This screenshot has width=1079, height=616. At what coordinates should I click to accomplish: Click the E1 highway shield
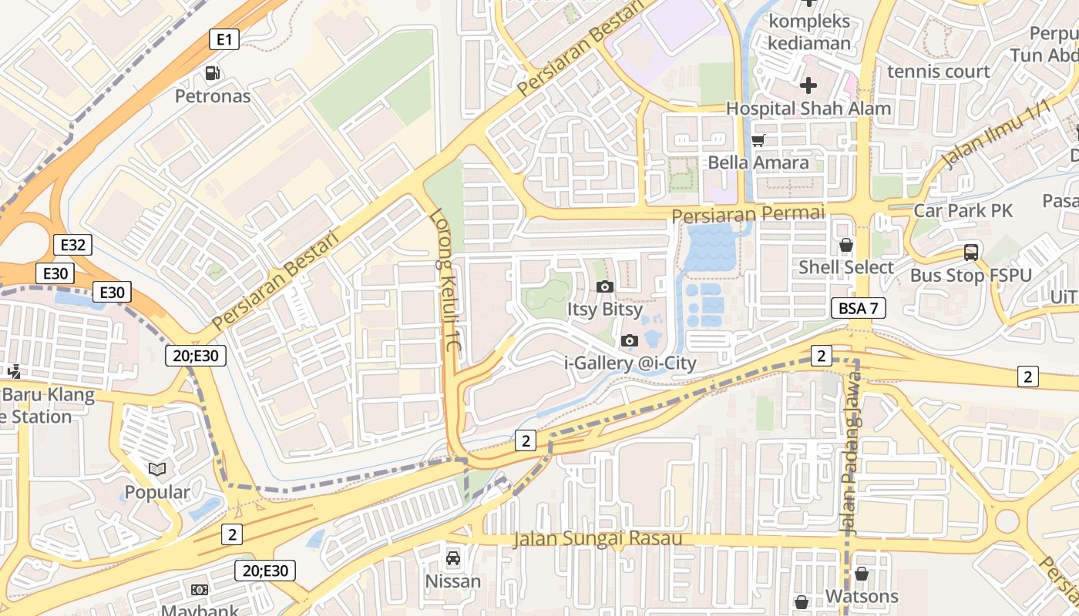click(224, 39)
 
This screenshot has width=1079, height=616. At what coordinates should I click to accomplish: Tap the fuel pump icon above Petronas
click(212, 73)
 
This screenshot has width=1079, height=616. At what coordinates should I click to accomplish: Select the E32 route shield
click(72, 245)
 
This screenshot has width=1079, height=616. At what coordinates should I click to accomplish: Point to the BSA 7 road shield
click(858, 309)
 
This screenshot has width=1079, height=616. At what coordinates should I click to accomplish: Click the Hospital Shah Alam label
click(808, 109)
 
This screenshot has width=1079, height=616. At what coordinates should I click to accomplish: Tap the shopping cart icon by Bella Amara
click(758, 140)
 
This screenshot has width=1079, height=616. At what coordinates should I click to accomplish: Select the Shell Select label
click(845, 267)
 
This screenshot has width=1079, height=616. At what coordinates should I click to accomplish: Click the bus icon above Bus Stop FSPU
click(970, 252)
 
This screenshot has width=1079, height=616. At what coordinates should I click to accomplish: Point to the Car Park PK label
click(963, 210)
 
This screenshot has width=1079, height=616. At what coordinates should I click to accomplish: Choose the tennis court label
click(938, 72)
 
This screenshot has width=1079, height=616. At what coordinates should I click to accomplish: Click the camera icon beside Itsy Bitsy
click(605, 287)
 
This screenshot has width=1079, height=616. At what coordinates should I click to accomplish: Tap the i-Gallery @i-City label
click(630, 363)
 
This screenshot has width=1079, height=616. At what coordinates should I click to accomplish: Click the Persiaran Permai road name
click(748, 214)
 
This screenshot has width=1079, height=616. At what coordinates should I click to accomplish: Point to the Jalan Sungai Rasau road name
click(598, 538)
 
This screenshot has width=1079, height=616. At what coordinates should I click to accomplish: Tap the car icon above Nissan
click(453, 557)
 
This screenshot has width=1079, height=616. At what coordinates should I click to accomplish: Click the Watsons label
click(862, 597)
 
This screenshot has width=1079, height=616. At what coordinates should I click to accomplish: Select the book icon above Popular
click(157, 469)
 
